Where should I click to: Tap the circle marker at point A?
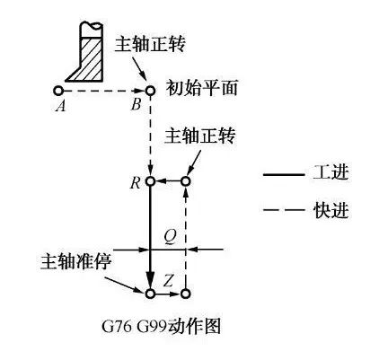pyautogui.click(x=57, y=90)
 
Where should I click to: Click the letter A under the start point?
pyautogui.click(x=60, y=106)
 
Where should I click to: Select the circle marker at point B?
pyautogui.click(x=150, y=90)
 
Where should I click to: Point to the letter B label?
pyautogui.click(x=136, y=105)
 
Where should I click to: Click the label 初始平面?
pyautogui.click(x=202, y=88)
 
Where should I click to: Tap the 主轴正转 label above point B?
pyautogui.click(x=151, y=44)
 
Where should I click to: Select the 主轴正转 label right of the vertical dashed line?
pyautogui.click(x=200, y=136)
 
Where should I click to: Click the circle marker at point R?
pyautogui.click(x=150, y=181)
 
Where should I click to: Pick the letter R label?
pyautogui.click(x=136, y=183)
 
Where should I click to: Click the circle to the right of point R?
pyautogui.click(x=186, y=181)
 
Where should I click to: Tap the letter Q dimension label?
pyautogui.click(x=171, y=238)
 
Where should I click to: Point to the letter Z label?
pyautogui.click(x=169, y=281)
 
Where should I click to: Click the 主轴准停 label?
pyautogui.click(x=76, y=262)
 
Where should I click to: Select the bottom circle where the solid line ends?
pyautogui.click(x=150, y=294)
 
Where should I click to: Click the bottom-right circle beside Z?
pyautogui.click(x=186, y=294)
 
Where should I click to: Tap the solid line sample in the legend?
pyautogui.click(x=284, y=174)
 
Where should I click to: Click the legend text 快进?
pyautogui.click(x=331, y=210)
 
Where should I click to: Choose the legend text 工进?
pyautogui.click(x=331, y=172)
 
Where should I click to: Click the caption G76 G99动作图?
pyautogui.click(x=162, y=326)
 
